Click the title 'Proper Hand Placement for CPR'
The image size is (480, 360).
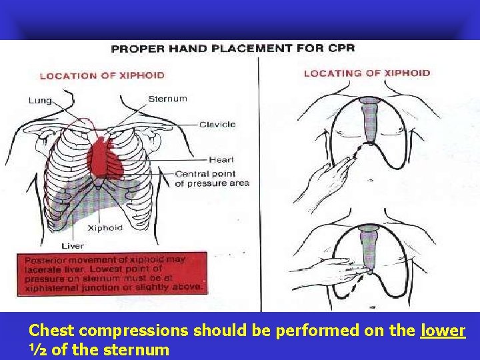(233, 48)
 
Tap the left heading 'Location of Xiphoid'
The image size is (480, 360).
(102, 75)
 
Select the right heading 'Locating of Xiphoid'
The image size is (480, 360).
(367, 73)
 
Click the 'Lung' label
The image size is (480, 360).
(39, 101)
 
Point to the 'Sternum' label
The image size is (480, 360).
(167, 99)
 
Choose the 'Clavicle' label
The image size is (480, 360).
(217, 124)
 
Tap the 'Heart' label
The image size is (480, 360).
(221, 159)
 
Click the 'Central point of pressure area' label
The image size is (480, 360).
(212, 179)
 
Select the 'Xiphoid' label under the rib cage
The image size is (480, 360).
(105, 227)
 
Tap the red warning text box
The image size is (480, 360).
(113, 273)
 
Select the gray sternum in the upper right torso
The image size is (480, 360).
(370, 120)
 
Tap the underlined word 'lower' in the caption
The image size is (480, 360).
(443, 330)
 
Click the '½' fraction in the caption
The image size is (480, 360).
(38, 349)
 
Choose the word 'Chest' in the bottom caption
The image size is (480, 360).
(51, 330)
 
